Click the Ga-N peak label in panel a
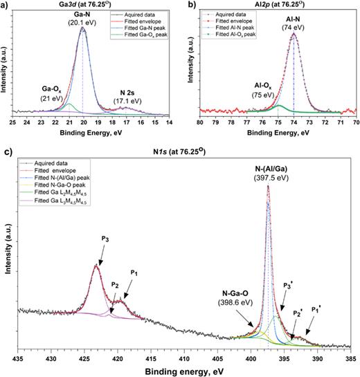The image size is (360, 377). pyautogui.click(x=82, y=17)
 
